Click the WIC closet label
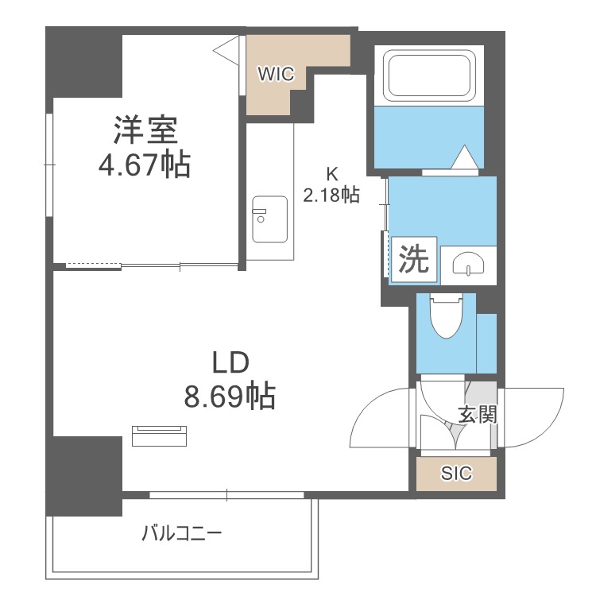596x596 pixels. click(x=276, y=75)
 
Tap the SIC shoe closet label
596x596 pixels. click(x=457, y=474)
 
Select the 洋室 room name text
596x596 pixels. click(x=144, y=129)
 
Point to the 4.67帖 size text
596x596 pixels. click(x=143, y=164)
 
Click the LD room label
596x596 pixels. click(x=230, y=362)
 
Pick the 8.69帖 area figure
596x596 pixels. click(x=230, y=395)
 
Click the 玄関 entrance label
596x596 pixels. click(x=478, y=414)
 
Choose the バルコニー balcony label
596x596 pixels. click(x=182, y=532)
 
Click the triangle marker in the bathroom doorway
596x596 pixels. click(x=463, y=157)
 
